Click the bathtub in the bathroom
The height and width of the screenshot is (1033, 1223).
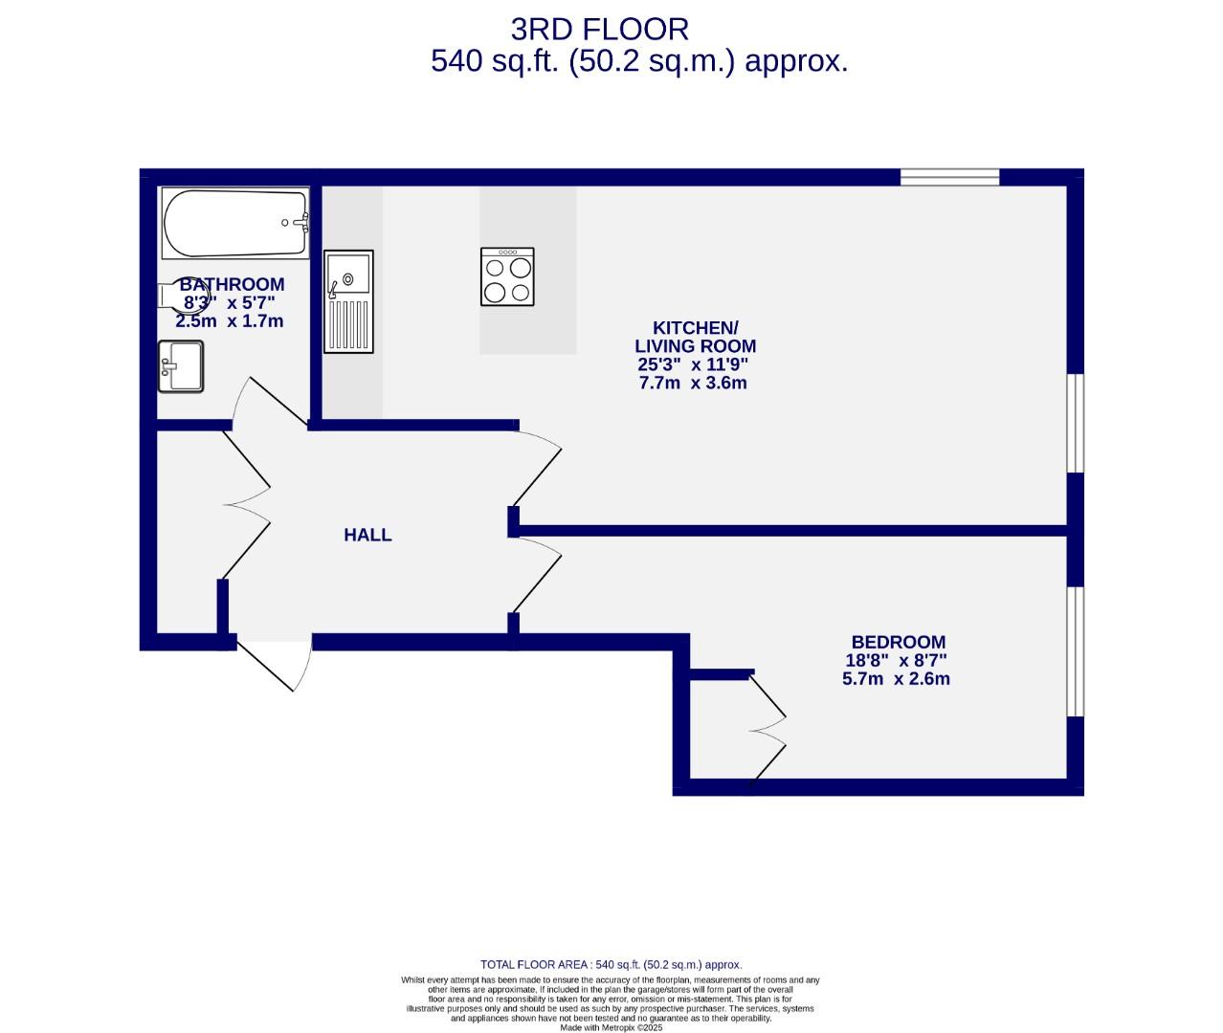pos(235,223)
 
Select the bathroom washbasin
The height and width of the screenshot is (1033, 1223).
pos(181,366)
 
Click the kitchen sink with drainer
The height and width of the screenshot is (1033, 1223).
pos(348,300)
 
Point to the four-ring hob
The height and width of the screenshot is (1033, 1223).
pos(507,277)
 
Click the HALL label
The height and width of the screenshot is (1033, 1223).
pos(367,535)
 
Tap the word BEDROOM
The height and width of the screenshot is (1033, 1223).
pos(898,643)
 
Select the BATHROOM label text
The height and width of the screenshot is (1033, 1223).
pos(232,284)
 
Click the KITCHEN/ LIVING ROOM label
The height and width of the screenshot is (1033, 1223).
pos(695,337)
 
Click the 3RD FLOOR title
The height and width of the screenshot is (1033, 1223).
pos(599,30)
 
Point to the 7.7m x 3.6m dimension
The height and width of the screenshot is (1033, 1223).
pos(692,383)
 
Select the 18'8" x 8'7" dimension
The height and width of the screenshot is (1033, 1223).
pos(896,660)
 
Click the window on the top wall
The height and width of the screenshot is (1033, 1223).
pos(949,176)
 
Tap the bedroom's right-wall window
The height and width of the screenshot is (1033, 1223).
pos(1075,650)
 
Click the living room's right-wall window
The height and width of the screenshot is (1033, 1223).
pos(1075,423)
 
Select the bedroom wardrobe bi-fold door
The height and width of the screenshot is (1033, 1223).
pos(767,729)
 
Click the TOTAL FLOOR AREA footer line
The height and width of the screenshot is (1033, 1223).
pos(611,965)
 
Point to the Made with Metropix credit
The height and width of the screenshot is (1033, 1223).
pos(611,1027)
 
